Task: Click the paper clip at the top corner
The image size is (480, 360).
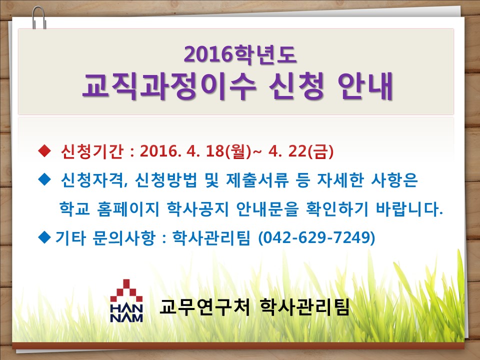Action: [39, 18]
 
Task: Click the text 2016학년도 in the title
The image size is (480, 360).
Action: [240, 54]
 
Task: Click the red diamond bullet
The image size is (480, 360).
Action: [44, 151]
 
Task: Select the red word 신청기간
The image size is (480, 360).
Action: [92, 151]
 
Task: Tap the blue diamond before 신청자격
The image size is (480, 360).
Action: [44, 179]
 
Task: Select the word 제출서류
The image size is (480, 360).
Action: [257, 179]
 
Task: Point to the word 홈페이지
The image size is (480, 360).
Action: [128, 209]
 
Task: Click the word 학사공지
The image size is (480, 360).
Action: [198, 209]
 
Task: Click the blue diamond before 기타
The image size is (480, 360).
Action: [44, 237]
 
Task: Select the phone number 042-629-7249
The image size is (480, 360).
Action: [317, 237]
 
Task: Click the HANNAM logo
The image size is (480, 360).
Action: [126, 300]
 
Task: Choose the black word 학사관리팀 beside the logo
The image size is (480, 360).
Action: [304, 306]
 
